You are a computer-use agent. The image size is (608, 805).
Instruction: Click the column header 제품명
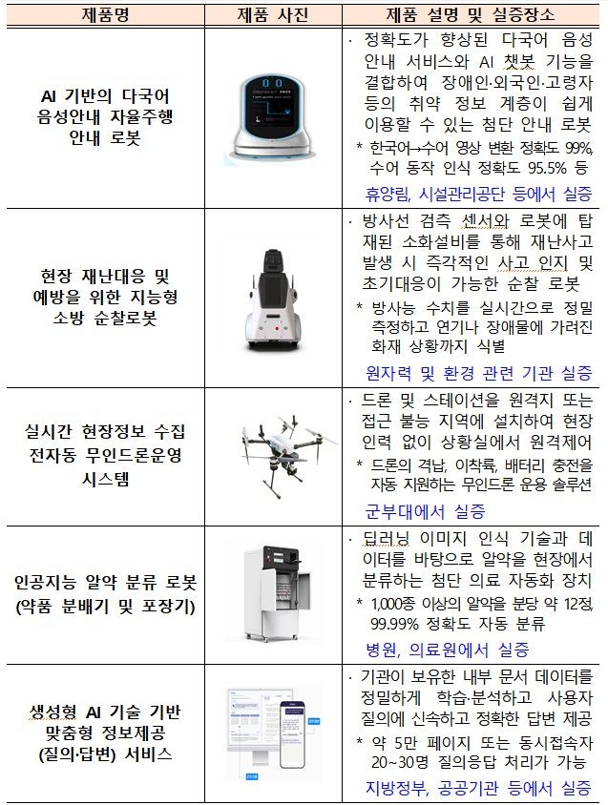(105, 15)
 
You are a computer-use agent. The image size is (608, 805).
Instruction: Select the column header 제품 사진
(272, 15)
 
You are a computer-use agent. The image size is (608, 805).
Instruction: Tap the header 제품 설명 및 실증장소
(471, 15)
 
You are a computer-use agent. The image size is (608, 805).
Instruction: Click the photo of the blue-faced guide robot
(272, 116)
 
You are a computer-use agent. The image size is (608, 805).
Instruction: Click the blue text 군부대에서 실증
(425, 511)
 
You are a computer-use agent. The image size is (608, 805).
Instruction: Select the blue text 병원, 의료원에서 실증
(447, 650)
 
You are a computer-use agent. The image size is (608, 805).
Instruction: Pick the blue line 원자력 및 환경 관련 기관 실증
(478, 373)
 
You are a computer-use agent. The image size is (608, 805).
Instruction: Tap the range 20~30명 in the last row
(399, 762)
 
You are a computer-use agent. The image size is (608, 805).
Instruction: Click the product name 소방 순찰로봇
(105, 319)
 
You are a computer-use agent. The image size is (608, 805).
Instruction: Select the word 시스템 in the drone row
(105, 479)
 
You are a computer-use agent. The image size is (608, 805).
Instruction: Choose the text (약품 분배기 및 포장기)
(105, 607)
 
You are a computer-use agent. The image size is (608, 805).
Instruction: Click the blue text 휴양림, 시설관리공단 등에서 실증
(478, 194)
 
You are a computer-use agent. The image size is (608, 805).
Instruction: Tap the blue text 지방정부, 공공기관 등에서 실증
(478, 788)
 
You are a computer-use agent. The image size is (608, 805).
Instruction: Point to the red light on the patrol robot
(277, 328)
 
